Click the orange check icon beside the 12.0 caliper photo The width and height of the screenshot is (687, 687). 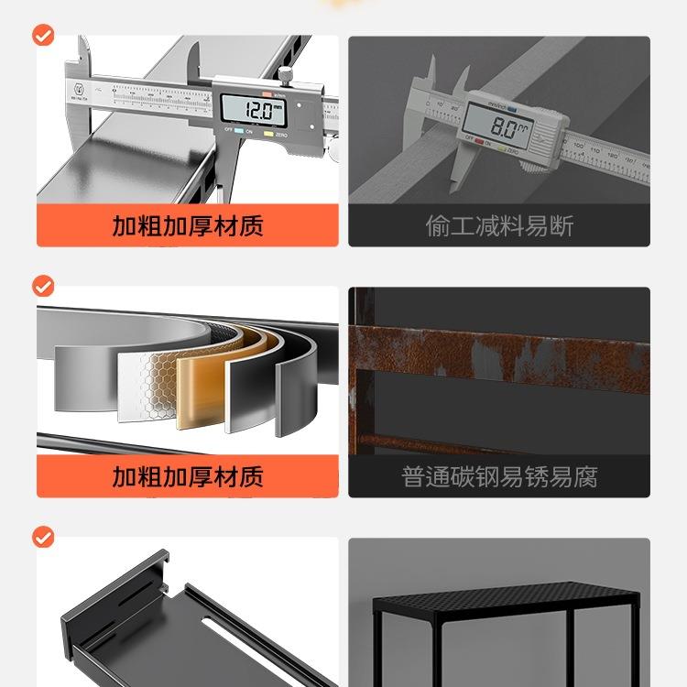click(x=43, y=36)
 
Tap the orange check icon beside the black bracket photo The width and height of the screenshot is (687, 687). click(x=43, y=537)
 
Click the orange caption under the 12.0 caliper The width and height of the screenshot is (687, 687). click(x=188, y=225)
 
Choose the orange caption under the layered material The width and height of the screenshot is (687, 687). click(x=188, y=476)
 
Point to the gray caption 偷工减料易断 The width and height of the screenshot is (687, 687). click(x=499, y=225)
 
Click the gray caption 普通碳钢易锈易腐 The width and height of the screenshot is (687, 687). click(x=499, y=476)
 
